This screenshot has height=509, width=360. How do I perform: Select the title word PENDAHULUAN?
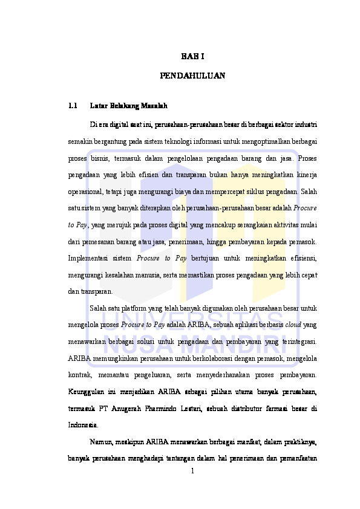[192, 76]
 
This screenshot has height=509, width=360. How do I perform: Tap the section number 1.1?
[73, 106]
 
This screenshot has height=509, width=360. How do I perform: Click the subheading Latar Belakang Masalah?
[129, 106]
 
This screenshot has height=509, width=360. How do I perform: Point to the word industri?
[305, 125]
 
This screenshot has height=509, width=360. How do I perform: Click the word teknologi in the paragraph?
[162, 141]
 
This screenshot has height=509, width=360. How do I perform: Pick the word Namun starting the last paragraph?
[101, 442]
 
